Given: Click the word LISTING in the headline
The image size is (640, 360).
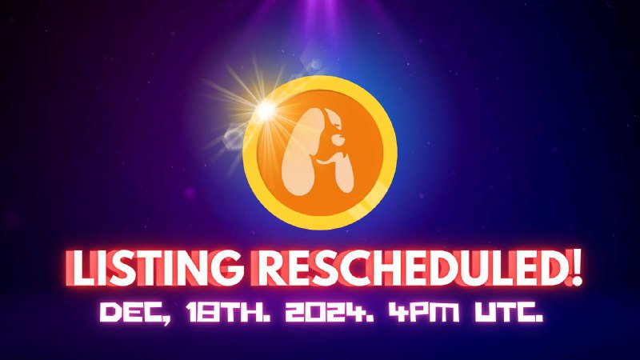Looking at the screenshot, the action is pos(154,269).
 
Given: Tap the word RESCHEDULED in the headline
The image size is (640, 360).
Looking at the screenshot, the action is pos(408,269).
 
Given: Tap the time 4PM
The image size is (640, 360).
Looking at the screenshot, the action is pos(423,312).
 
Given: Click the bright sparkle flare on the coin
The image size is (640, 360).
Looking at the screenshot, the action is pos(266,110).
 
